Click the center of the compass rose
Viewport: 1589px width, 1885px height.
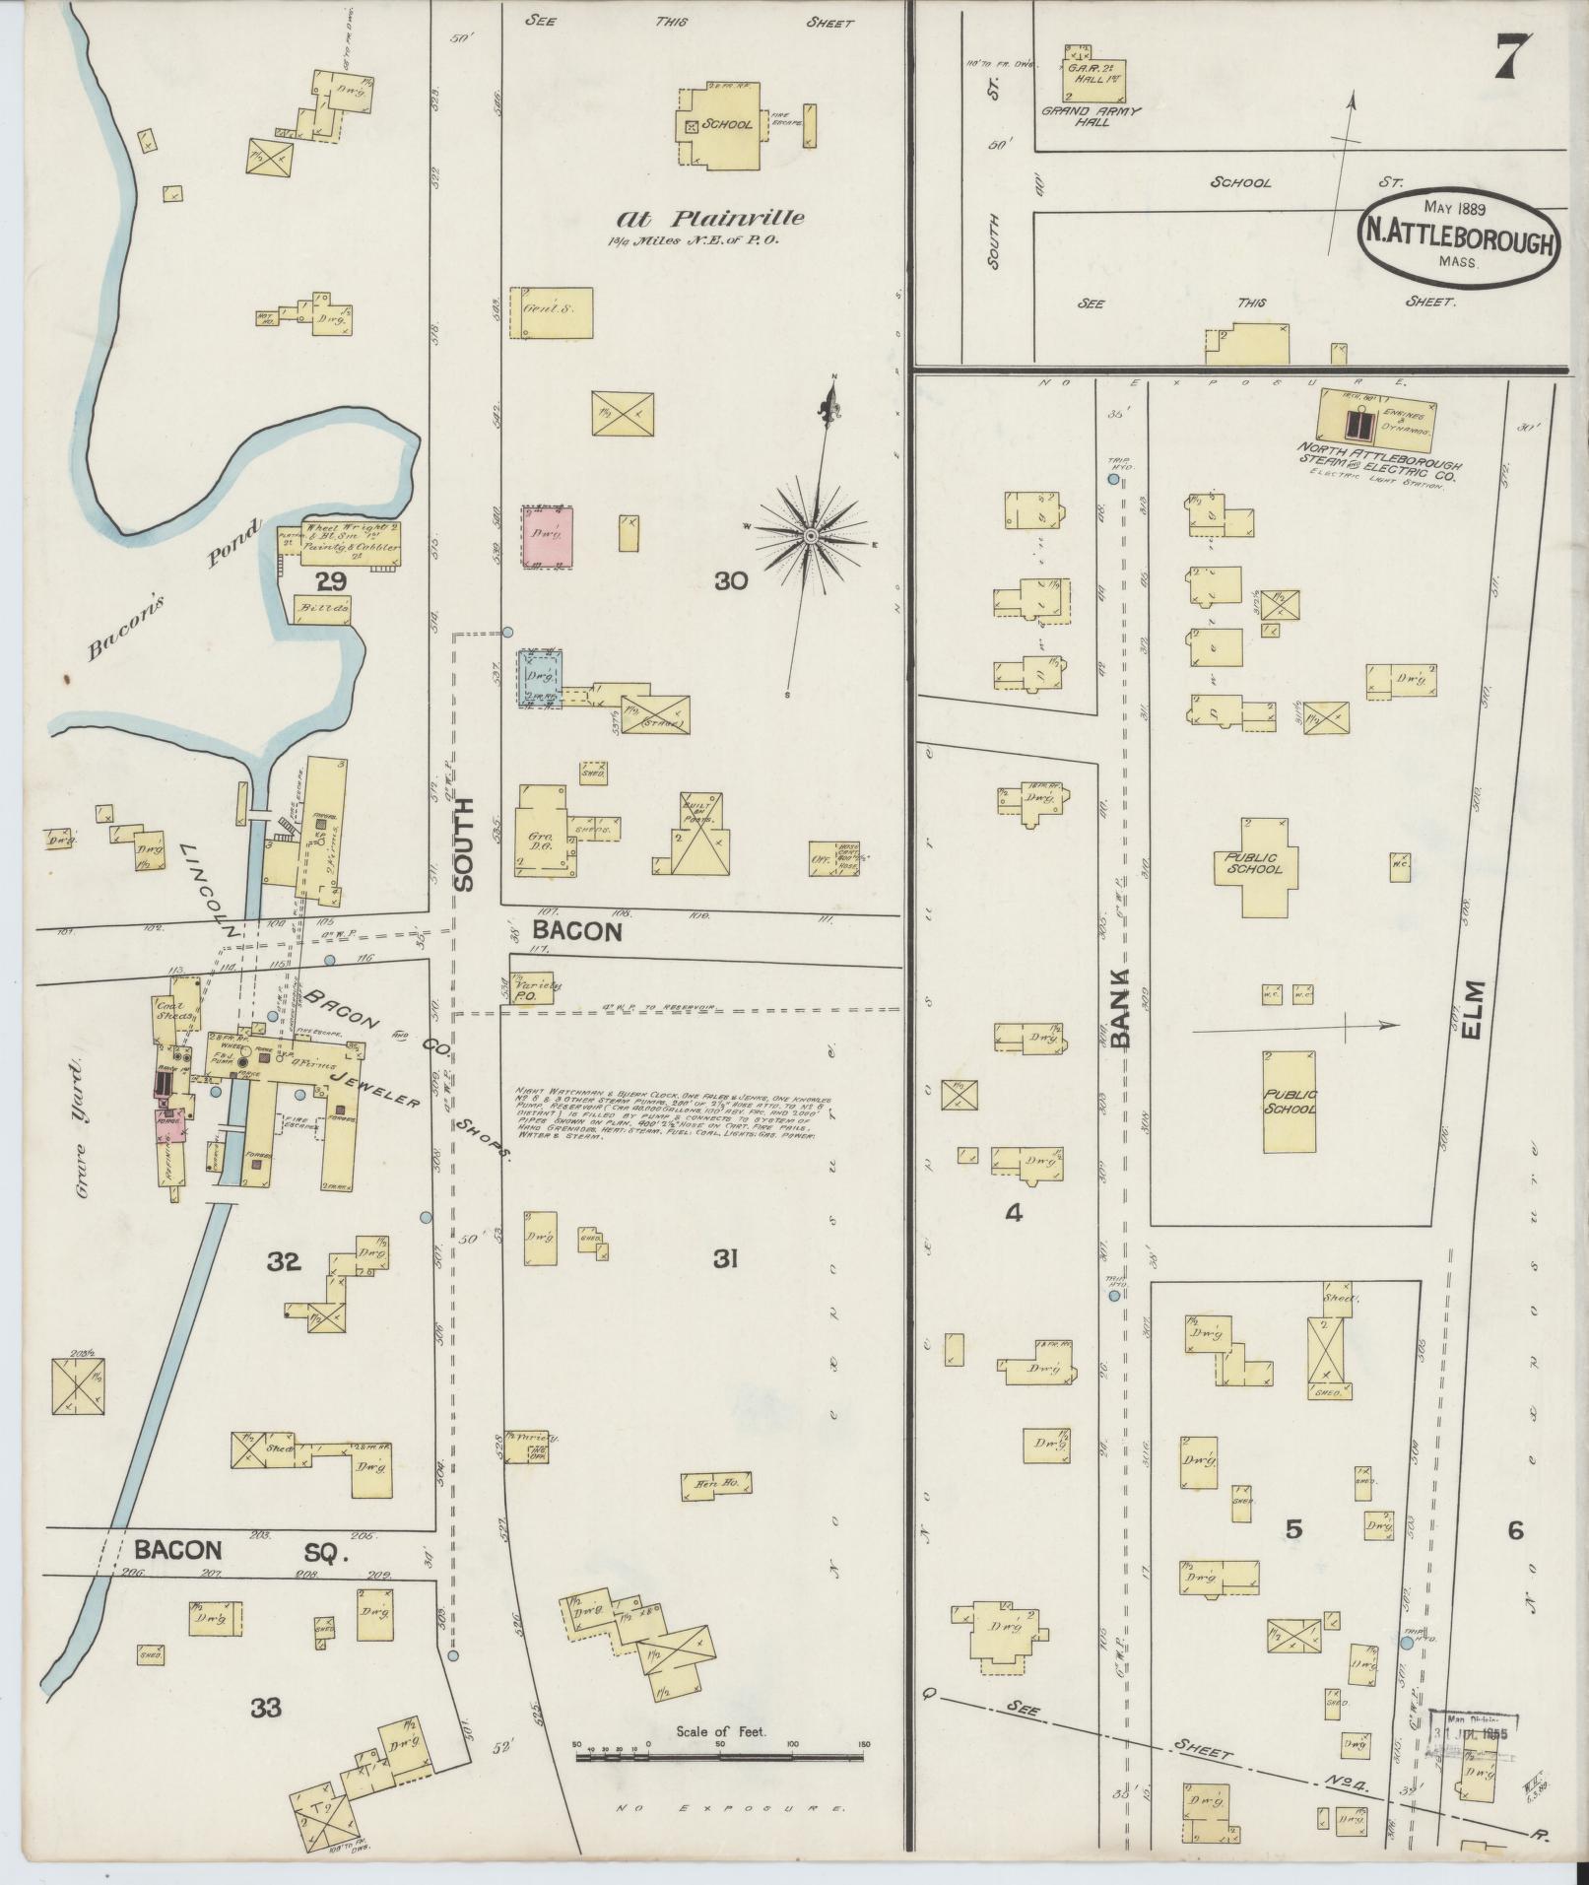tap(810, 535)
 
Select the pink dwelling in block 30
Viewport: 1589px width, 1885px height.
tap(547, 536)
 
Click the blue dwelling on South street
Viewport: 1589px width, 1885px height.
tap(540, 677)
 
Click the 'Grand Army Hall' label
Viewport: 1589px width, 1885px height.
tap(1092, 116)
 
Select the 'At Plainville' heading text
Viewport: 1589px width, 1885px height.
tap(710, 219)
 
